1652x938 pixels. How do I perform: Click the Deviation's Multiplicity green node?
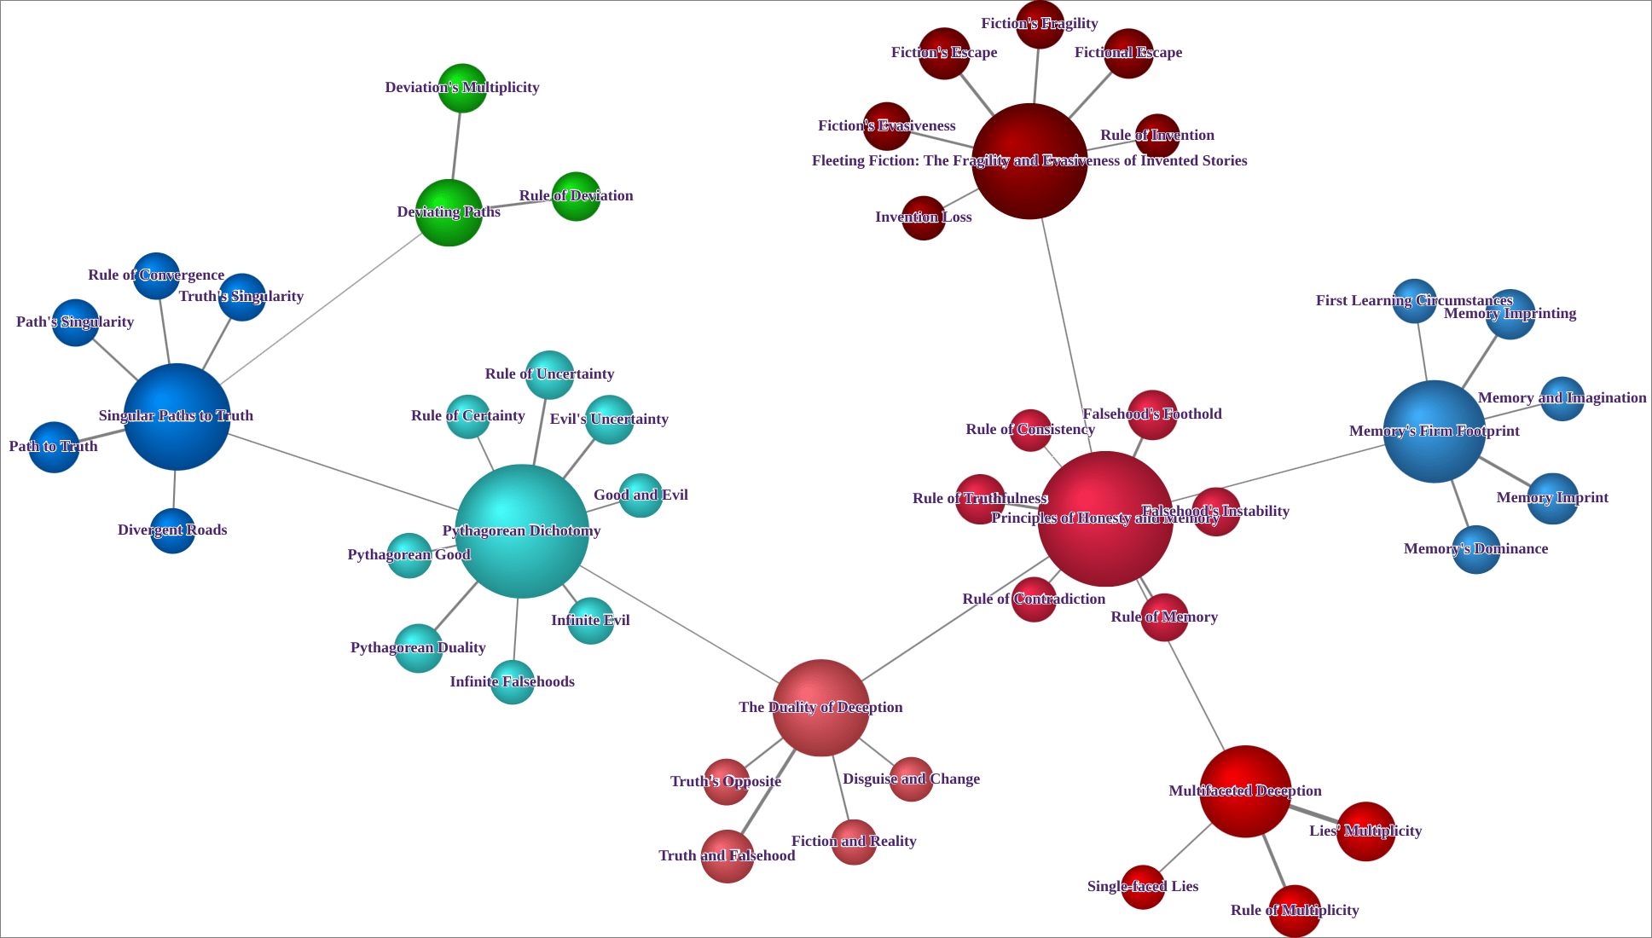(462, 88)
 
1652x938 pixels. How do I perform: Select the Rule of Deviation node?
(576, 196)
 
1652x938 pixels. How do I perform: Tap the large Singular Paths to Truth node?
(177, 417)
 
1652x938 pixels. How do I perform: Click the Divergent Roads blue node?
(172, 530)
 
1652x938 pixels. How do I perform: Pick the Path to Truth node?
(54, 447)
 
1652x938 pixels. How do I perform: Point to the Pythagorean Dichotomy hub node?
(521, 530)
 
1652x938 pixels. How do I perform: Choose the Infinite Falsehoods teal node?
(512, 682)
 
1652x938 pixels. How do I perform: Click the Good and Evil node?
(641, 495)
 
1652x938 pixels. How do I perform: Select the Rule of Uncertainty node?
(549, 374)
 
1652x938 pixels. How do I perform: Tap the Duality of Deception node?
(820, 708)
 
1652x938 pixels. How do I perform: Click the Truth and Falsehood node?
(727, 856)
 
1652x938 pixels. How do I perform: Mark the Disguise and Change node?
(911, 779)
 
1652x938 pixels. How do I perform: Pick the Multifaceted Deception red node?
(1244, 791)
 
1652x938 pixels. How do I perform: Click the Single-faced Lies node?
(1143, 887)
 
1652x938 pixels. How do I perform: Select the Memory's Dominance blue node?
(1475, 549)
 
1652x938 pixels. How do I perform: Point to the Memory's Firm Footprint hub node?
(1434, 431)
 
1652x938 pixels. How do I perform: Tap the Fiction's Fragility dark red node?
(1040, 24)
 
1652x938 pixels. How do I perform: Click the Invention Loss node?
(923, 217)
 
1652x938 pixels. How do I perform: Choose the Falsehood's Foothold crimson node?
(1151, 415)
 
